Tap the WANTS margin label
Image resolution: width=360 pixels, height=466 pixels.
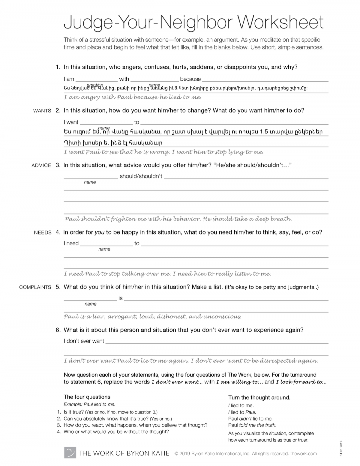click(x=42, y=111)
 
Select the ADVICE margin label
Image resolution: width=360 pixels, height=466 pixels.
click(x=41, y=165)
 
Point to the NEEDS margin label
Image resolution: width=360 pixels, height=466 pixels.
click(x=43, y=232)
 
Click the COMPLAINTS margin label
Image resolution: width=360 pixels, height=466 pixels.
click(x=35, y=287)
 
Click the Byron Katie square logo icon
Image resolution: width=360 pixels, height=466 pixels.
click(x=70, y=453)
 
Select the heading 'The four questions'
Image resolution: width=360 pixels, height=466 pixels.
click(x=87, y=397)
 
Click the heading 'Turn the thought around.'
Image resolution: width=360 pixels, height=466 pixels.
click(x=259, y=398)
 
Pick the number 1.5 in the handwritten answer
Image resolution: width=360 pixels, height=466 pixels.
click(x=264, y=131)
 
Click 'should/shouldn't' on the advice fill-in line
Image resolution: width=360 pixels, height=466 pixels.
click(x=141, y=176)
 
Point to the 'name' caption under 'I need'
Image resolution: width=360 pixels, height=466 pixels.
click(x=104, y=249)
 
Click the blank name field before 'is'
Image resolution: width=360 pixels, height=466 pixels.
click(x=90, y=298)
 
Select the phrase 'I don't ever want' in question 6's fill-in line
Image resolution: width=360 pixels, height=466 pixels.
click(x=84, y=341)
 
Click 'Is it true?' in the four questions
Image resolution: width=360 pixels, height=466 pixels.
click(x=74, y=412)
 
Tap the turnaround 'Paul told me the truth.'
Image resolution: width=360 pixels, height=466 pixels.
click(x=252, y=425)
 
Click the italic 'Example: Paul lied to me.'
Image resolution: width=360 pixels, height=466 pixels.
click(x=89, y=405)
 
